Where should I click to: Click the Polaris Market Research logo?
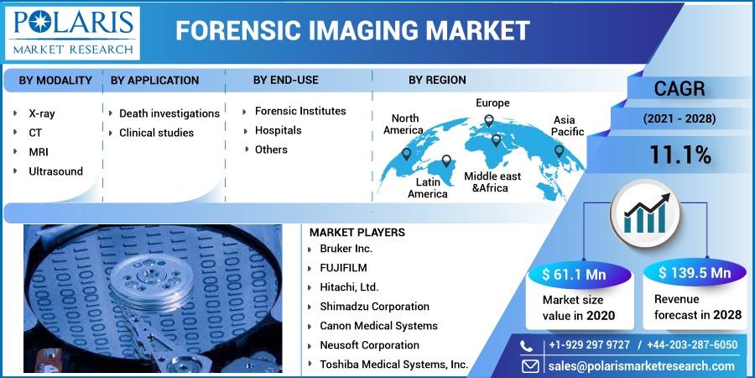tap(72, 33)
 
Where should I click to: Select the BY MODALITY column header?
tap(55, 81)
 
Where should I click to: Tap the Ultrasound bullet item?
tap(56, 171)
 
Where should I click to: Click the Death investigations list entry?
tap(169, 113)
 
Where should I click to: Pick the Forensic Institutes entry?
tap(300, 111)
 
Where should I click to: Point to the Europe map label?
tap(492, 102)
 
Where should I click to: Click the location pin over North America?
tap(406, 154)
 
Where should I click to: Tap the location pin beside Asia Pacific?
tap(559, 151)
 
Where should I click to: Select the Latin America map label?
tap(428, 188)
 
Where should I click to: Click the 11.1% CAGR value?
tap(679, 155)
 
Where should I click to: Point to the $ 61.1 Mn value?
tap(574, 275)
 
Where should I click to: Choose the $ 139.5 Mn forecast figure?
tap(695, 273)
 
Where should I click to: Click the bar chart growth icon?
tap(645, 213)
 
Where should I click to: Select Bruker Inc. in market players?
tap(346, 249)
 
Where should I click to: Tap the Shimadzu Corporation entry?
tap(375, 307)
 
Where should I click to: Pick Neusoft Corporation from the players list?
tap(369, 345)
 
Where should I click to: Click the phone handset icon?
tap(527, 346)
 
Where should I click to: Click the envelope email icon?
tap(530, 366)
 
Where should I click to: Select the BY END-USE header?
tap(286, 80)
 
